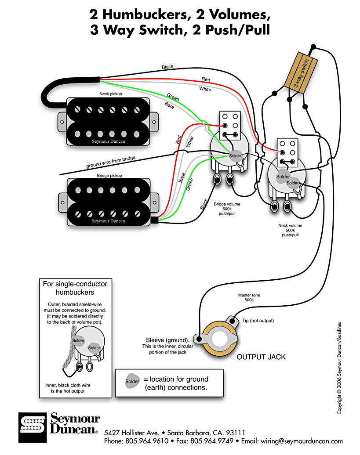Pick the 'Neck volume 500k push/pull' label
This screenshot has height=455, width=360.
tap(290, 230)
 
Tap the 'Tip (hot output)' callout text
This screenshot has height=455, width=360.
tap(255, 321)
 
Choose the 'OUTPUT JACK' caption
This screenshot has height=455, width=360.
tap(261, 357)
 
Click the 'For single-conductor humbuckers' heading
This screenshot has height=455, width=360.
tap(75, 288)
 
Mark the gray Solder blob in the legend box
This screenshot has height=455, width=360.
tap(132, 381)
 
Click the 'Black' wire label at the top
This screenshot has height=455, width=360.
tap(167, 67)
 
